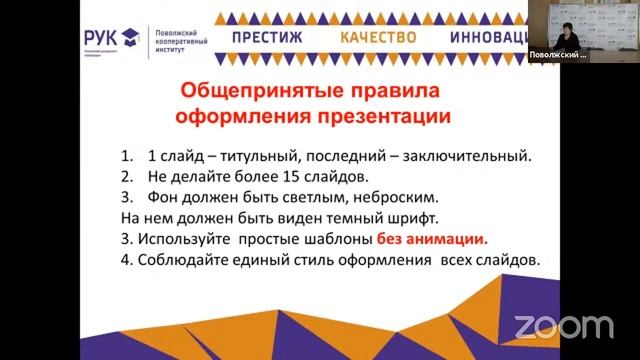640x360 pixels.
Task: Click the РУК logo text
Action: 109,36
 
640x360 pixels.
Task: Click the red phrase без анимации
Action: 432,240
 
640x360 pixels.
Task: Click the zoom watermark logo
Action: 564,327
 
